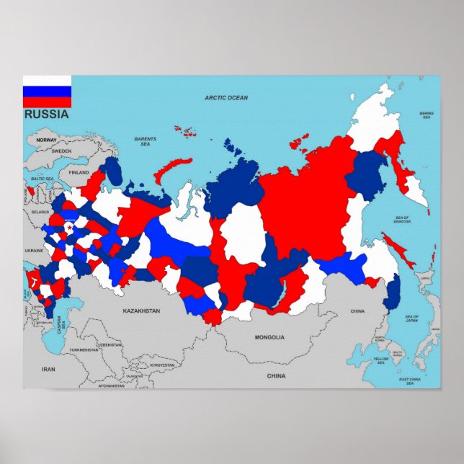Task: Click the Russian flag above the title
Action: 47,92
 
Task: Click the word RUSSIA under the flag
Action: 47,114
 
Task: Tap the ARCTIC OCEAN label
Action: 226,98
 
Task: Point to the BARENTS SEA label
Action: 146,141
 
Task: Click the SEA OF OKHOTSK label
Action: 402,220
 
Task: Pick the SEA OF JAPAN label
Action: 412,319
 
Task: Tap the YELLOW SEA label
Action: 381,360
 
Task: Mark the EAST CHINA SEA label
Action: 410,381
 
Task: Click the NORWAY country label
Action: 46,140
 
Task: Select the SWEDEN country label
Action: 62,151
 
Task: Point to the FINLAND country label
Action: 79,173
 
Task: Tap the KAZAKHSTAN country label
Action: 140,311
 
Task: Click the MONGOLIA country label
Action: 269,337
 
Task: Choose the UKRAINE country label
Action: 34,250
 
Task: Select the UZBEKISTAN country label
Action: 110,345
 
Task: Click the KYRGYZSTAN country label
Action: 161,365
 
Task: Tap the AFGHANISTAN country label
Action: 112,386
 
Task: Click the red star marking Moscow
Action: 69,228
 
